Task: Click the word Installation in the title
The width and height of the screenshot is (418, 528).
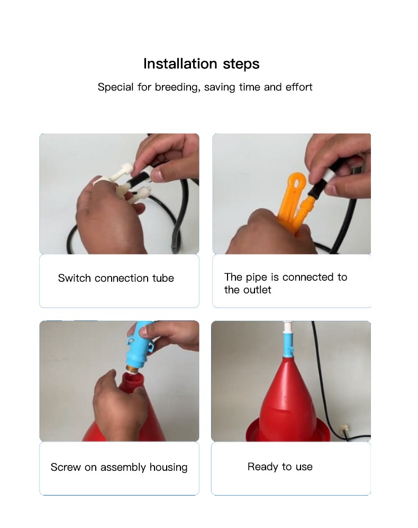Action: [180, 64]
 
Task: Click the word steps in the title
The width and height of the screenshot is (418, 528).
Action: [241, 64]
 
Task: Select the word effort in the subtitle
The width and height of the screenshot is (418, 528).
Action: [299, 87]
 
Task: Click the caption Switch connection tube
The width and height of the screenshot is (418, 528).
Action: [116, 278]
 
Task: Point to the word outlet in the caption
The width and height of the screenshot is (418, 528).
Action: [258, 290]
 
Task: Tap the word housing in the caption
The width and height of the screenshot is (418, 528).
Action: [168, 468]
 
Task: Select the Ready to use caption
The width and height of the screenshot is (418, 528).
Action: [280, 467]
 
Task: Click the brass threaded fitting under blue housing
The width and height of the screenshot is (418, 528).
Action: [134, 369]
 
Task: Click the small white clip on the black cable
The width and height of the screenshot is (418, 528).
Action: [343, 429]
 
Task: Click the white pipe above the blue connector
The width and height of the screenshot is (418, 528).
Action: [287, 327]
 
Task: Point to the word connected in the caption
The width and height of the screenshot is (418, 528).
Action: [308, 277]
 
